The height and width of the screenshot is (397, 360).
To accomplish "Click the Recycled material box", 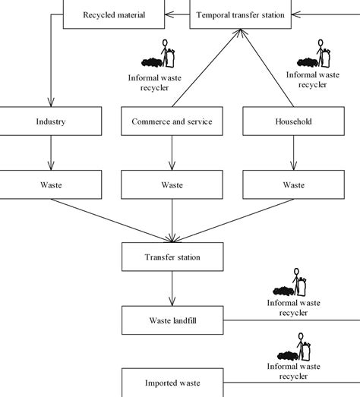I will coord(113,14).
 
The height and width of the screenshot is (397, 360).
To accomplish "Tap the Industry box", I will coord(50,121).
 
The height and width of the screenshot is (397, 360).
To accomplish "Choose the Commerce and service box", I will coord(172,121).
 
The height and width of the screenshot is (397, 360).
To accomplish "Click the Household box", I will coord(292,121).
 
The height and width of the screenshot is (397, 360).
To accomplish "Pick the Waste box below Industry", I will coord(50,184).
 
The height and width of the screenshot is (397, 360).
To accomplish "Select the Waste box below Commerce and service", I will coord(172,184).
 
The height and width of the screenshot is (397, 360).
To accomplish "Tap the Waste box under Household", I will coord(292,184).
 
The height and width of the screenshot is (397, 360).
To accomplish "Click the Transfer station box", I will coord(172,257).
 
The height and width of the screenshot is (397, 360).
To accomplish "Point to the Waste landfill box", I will coord(172,320).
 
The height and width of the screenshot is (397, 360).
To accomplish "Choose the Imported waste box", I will coord(172,383).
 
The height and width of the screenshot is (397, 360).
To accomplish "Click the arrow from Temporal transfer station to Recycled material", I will coord(177,14).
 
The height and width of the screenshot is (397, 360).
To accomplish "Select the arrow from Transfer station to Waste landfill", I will coord(172,288).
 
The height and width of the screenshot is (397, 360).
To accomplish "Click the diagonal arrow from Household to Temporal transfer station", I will coord(270,72).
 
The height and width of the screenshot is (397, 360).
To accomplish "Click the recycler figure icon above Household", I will coord(313,54).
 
